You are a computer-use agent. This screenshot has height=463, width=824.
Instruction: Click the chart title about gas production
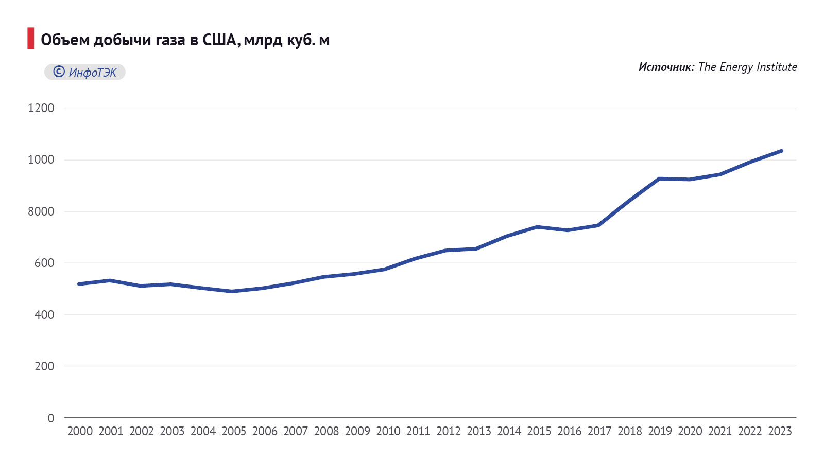185,40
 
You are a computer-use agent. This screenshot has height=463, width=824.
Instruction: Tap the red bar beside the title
31,39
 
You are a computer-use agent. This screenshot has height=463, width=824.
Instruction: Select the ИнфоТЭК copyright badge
85,72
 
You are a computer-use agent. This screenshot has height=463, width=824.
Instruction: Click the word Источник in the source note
666,67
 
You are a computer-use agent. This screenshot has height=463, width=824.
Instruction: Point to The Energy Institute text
747,67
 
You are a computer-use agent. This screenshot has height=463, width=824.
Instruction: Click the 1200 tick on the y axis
41,108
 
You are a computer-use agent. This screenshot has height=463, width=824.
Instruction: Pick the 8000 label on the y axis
41,211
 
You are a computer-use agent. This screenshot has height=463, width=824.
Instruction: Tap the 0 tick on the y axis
50,418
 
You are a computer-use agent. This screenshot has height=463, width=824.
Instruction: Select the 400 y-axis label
44,314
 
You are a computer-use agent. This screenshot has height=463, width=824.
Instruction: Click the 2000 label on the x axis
80,431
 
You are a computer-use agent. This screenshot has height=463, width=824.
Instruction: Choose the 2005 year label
234,431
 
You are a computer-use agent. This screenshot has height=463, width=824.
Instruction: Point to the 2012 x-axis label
448,431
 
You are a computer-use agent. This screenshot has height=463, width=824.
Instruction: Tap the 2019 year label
660,431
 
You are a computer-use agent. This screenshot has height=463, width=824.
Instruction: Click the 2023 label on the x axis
780,431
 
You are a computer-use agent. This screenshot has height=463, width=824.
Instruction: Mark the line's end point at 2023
781,151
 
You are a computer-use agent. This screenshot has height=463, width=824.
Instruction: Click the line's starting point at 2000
79,284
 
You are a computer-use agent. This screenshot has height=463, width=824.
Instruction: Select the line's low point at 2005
232,291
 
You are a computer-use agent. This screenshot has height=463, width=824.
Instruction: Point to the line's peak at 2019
659,179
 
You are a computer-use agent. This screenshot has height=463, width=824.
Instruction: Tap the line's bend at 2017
598,225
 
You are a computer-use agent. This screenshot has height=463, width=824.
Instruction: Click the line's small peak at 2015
537,227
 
